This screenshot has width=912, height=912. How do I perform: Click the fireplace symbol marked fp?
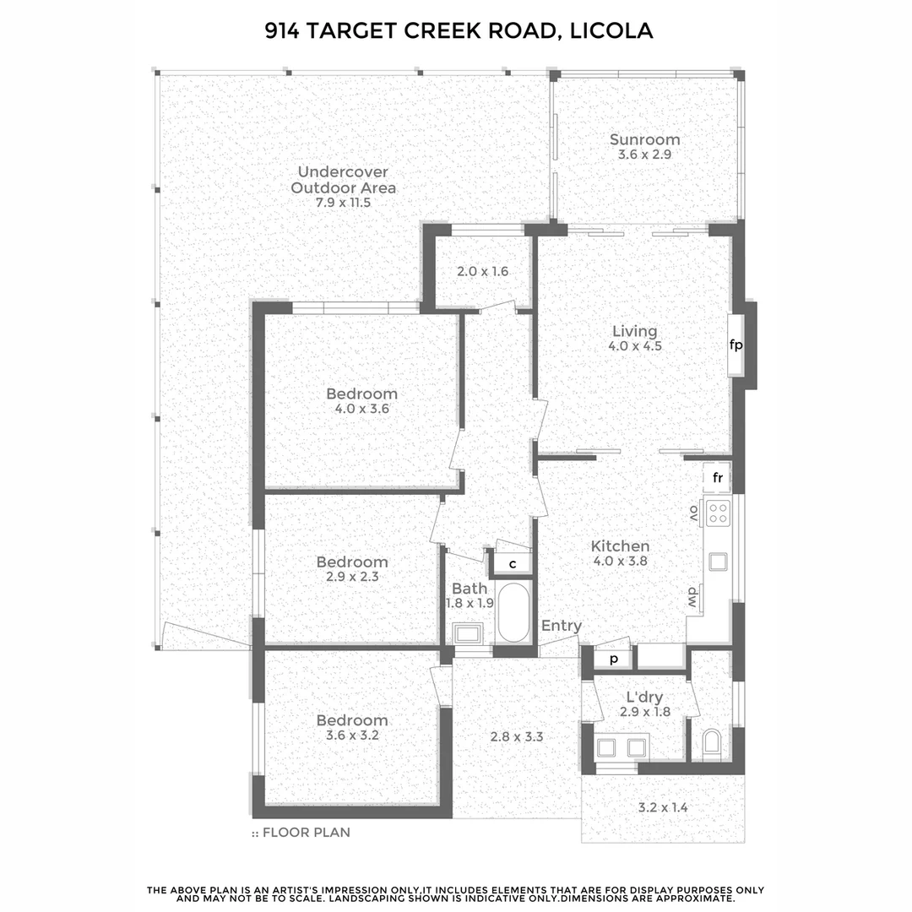pos(736,345)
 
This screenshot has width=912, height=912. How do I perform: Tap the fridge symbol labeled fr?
pos(718,478)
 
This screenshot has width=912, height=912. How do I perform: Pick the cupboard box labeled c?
pos(512,563)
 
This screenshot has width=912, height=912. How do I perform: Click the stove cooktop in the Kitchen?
pos(719,511)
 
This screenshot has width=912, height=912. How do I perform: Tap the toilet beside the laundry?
pos(712,745)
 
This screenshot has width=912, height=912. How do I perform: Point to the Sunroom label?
pos(644,140)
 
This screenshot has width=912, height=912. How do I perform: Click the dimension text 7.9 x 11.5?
pos(343,203)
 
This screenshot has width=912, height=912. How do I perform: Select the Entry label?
pos(562,626)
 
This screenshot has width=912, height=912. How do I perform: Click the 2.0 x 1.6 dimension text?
pos(481,272)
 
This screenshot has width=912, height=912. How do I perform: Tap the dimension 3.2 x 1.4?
pos(662,807)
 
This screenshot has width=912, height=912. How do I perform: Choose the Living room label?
pos(634,332)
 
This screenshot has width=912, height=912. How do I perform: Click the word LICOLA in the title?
pos(611,32)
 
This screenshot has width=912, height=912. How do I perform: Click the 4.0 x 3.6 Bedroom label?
pos(361,394)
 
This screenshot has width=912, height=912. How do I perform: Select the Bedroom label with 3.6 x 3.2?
pos(352,720)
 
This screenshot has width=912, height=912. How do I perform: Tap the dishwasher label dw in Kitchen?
pos(690,596)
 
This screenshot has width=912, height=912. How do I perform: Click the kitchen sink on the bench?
pos(718,561)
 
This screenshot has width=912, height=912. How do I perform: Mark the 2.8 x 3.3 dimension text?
pos(516,736)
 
